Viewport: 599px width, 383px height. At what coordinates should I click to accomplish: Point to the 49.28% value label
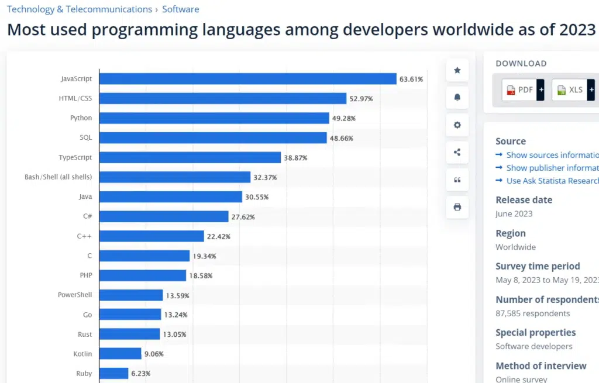coord(344,119)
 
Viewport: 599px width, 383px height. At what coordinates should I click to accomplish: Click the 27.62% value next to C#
coord(243,217)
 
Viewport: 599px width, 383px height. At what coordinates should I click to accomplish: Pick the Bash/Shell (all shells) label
coord(58,177)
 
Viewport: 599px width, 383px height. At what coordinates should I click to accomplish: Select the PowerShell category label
coord(75,295)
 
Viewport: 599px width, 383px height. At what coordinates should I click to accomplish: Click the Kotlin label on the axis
coord(82,354)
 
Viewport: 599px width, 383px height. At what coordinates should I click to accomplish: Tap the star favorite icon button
coord(457,70)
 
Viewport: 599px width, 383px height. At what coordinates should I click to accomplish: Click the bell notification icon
coord(457,98)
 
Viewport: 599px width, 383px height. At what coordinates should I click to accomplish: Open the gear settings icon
coord(457,125)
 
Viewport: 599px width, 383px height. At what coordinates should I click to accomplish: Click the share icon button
coord(457,153)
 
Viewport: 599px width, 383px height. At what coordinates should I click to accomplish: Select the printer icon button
coord(457,207)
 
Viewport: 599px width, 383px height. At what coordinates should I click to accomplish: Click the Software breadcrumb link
coord(180,9)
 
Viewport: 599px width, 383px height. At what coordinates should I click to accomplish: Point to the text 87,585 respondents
coord(532,313)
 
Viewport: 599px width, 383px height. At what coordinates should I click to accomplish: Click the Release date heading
coord(524,200)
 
